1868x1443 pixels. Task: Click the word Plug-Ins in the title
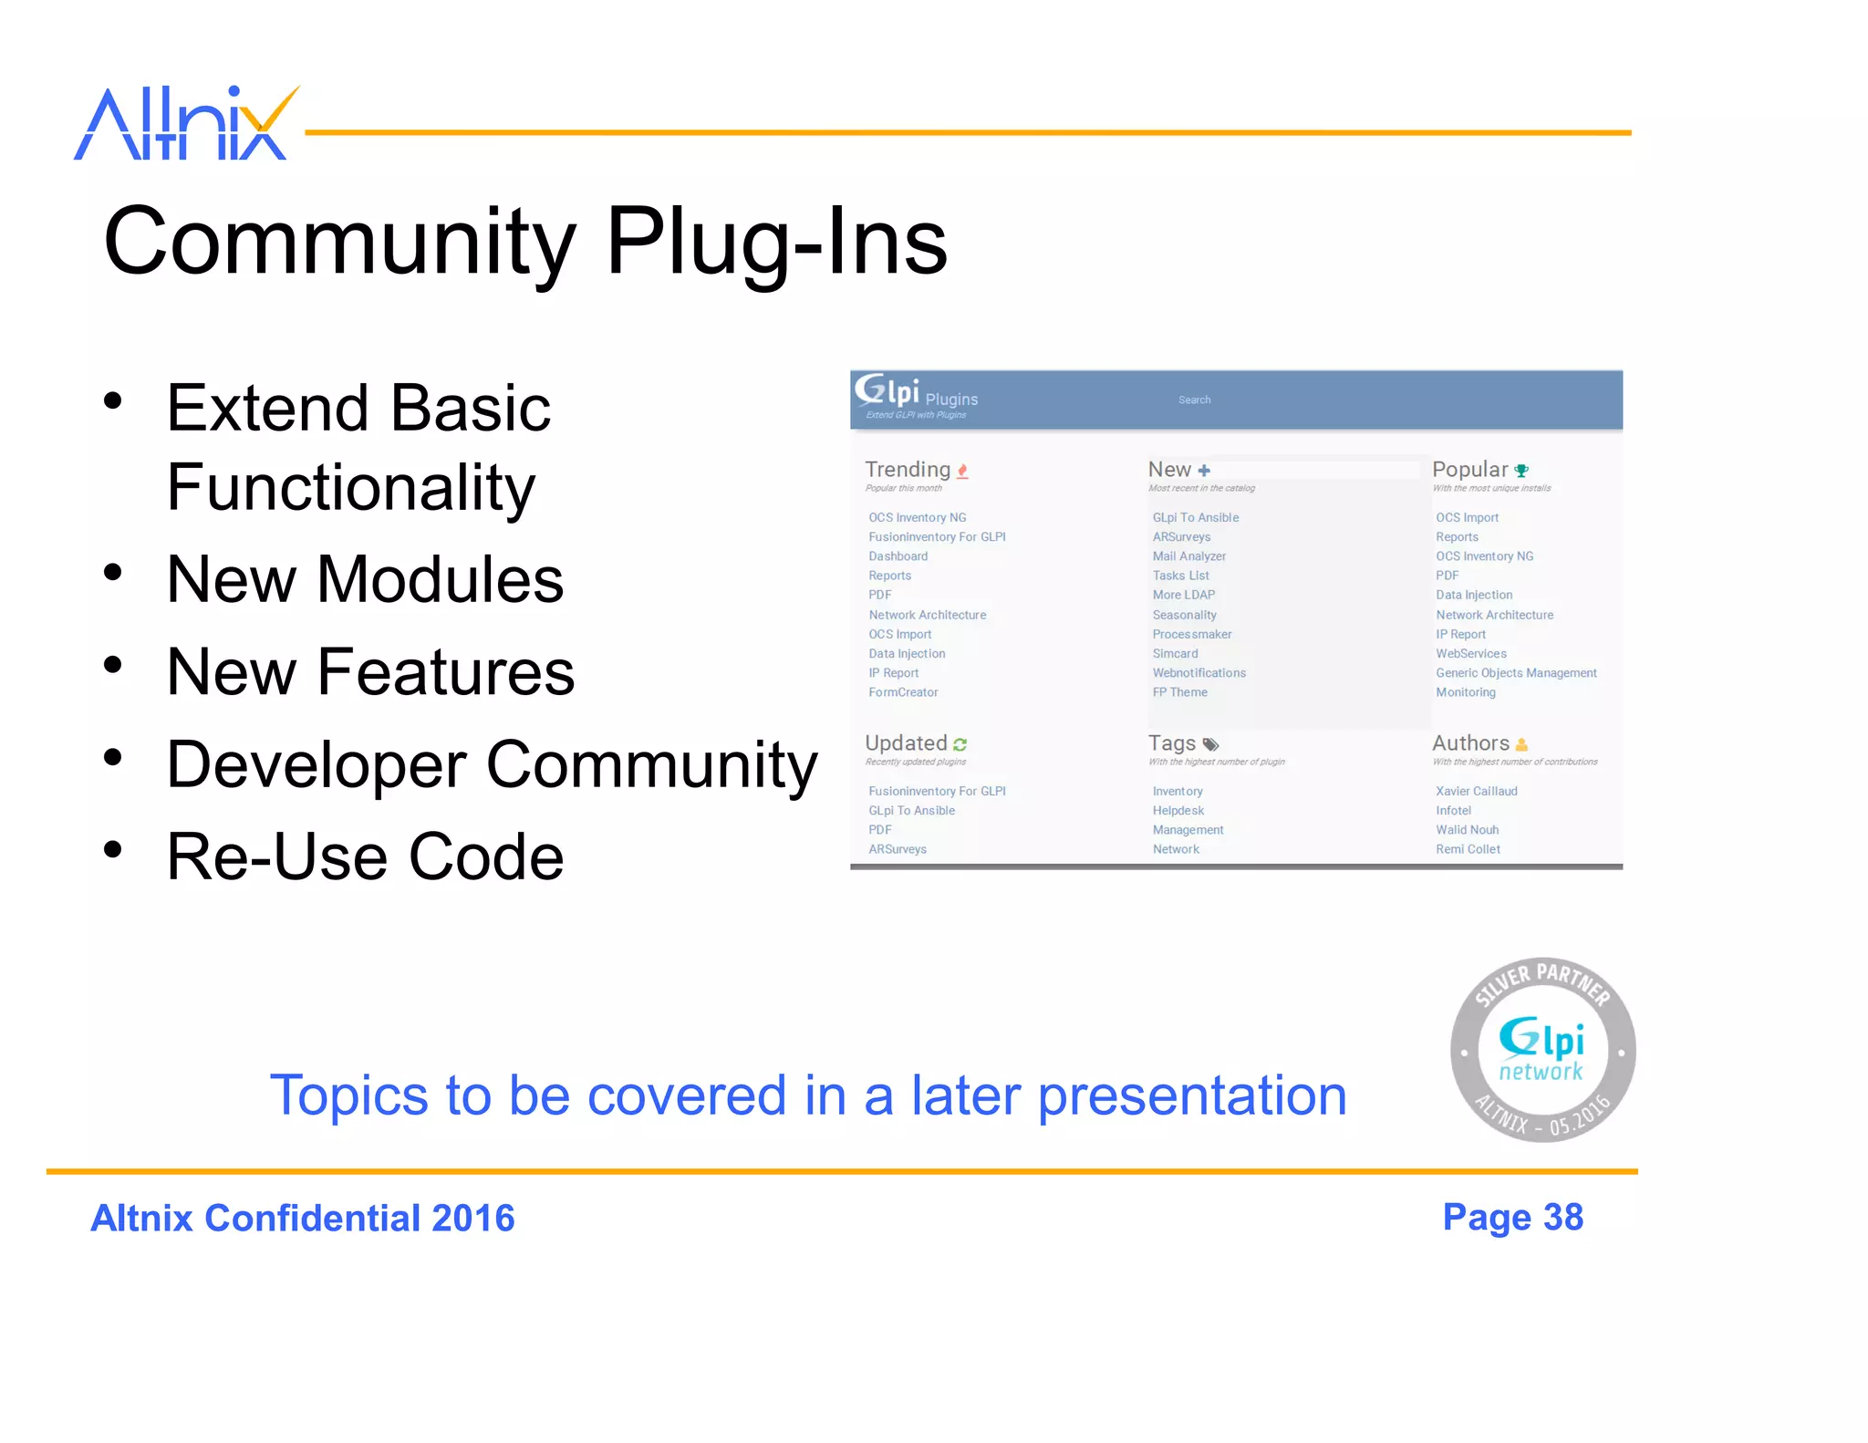click(x=776, y=242)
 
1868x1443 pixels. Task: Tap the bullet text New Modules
click(x=365, y=580)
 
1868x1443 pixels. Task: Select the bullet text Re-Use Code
click(x=365, y=857)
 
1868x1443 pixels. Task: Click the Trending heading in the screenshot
click(x=908, y=470)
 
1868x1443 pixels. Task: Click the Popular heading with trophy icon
click(x=1470, y=470)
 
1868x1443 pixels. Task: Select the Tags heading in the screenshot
click(x=1172, y=743)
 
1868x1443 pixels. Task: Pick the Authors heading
click(x=1470, y=743)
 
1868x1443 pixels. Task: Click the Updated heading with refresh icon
click(x=907, y=743)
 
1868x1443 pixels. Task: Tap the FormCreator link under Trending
click(x=903, y=692)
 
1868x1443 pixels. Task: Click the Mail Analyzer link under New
click(x=1188, y=556)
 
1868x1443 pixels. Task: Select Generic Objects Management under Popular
click(x=1516, y=673)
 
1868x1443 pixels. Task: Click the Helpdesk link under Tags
click(x=1178, y=811)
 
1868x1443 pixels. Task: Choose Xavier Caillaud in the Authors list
click(x=1476, y=792)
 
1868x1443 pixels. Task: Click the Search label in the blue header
click(x=1194, y=400)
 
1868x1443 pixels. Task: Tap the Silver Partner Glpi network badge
click(x=1542, y=1050)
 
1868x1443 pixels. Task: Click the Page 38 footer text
click(x=1512, y=1218)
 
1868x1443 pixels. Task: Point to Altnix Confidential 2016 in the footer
click(x=303, y=1219)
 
